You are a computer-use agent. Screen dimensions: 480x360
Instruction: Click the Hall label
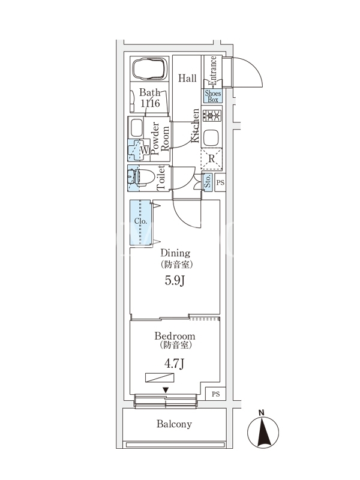pyautogui.click(x=188, y=78)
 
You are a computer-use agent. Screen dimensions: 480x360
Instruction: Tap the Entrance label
pyautogui.click(x=212, y=71)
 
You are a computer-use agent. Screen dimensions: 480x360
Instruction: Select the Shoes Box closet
pyautogui.click(x=213, y=96)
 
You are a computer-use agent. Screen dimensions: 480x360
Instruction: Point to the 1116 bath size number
pyautogui.click(x=150, y=104)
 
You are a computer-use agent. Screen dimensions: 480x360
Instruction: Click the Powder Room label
pyautogui.click(x=160, y=139)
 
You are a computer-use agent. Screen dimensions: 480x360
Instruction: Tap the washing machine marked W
pyautogui.click(x=139, y=149)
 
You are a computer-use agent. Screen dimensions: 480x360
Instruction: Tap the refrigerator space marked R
pyautogui.click(x=212, y=158)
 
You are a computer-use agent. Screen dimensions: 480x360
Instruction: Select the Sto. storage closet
pyautogui.click(x=207, y=182)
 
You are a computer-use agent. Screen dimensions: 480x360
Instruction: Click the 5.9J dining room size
pyautogui.click(x=175, y=280)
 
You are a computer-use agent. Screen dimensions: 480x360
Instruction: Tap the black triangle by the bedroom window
pyautogui.click(x=166, y=391)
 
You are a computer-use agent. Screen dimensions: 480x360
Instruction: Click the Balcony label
pyautogui.click(x=174, y=424)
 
